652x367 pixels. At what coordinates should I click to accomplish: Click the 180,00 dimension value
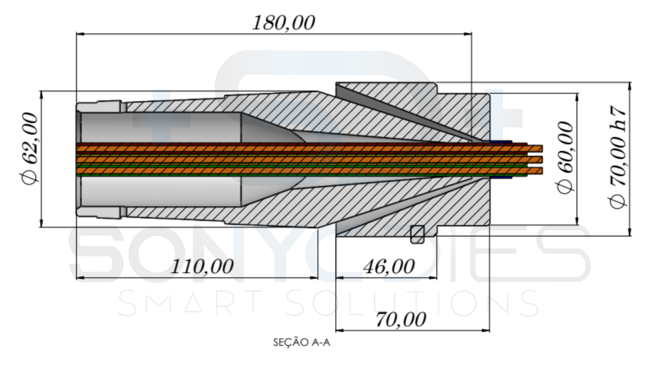(x=284, y=23)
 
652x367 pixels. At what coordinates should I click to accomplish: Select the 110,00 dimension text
(x=202, y=267)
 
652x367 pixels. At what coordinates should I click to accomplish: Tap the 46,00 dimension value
(x=389, y=267)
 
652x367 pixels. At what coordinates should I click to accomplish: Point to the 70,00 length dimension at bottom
(x=401, y=319)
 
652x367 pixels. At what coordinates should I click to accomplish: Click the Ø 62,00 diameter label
(x=31, y=149)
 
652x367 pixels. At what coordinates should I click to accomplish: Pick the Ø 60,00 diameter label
(x=566, y=157)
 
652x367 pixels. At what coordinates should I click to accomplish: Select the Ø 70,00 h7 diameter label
(x=618, y=157)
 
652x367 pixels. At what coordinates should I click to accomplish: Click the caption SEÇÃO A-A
(x=302, y=343)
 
